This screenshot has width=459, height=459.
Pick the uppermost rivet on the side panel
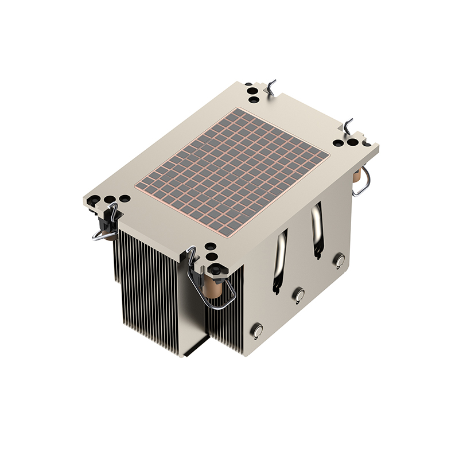click(340, 260)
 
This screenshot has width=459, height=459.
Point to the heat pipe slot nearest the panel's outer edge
click(316, 230)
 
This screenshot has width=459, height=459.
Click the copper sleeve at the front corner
click(214, 287)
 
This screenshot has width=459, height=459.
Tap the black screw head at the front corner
click(215, 269)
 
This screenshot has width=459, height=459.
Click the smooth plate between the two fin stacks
click(194, 304)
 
